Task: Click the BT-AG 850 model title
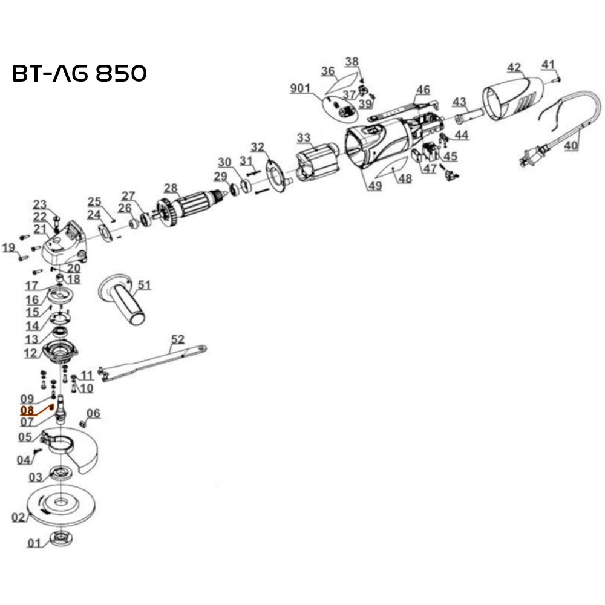pyautogui.click(x=79, y=73)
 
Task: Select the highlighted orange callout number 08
pyautogui.click(x=27, y=410)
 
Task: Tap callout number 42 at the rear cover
pyautogui.click(x=514, y=67)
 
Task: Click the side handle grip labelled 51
pyautogui.click(x=125, y=300)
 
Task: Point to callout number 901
pyautogui.click(x=299, y=89)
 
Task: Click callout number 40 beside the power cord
pyautogui.click(x=571, y=146)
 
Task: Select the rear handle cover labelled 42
pyautogui.click(x=514, y=100)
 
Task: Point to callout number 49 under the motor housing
pyautogui.click(x=375, y=186)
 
